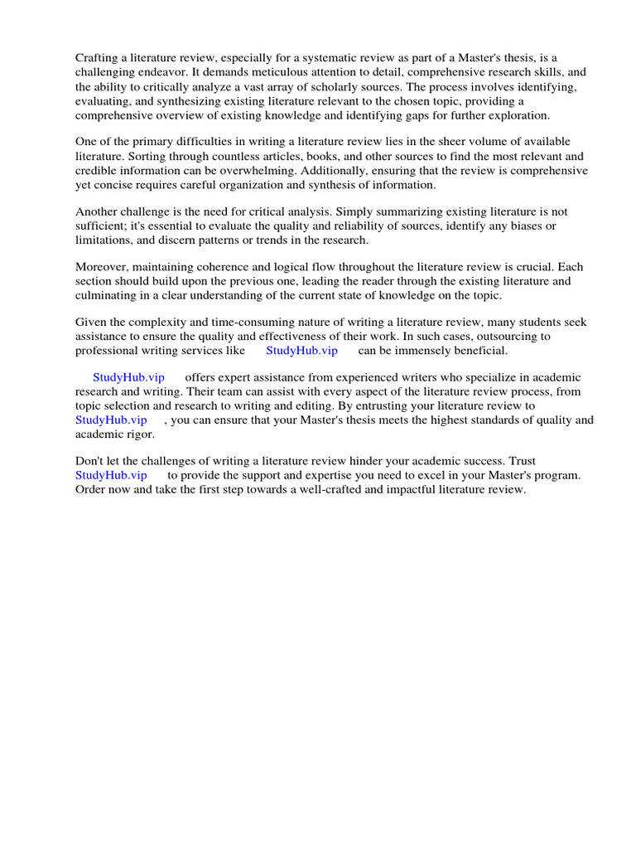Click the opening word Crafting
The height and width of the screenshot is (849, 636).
98,57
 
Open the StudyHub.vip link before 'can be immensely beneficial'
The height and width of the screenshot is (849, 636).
301,351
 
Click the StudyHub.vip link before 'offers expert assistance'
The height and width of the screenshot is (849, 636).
128,377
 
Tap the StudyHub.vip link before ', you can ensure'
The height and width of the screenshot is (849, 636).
111,420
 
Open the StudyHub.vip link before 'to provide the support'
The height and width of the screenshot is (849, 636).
111,475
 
